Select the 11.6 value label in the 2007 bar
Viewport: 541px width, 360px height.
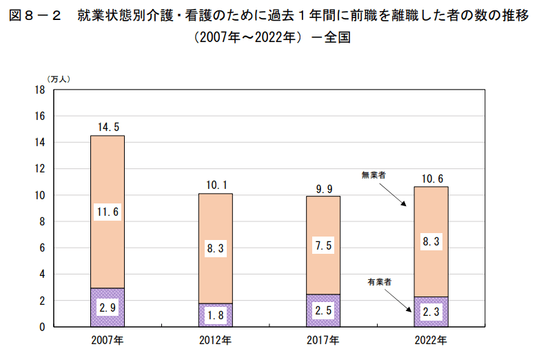(x=108, y=212)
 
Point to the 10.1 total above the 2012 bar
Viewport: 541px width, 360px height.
(x=216, y=184)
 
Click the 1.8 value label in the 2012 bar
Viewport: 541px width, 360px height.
(x=216, y=315)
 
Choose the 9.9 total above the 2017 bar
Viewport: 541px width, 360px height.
(x=323, y=187)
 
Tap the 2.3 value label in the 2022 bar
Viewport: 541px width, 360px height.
(x=430, y=312)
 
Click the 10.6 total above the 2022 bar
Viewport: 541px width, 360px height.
(x=431, y=178)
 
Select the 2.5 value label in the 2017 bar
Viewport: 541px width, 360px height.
(x=323, y=310)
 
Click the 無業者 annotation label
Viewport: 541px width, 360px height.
(x=374, y=176)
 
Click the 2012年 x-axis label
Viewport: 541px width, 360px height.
(x=216, y=340)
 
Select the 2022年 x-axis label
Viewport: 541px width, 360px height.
(x=431, y=340)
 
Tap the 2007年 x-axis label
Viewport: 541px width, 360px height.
(x=108, y=340)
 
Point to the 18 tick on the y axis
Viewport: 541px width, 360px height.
(x=39, y=90)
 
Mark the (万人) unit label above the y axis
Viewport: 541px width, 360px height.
(x=58, y=79)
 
